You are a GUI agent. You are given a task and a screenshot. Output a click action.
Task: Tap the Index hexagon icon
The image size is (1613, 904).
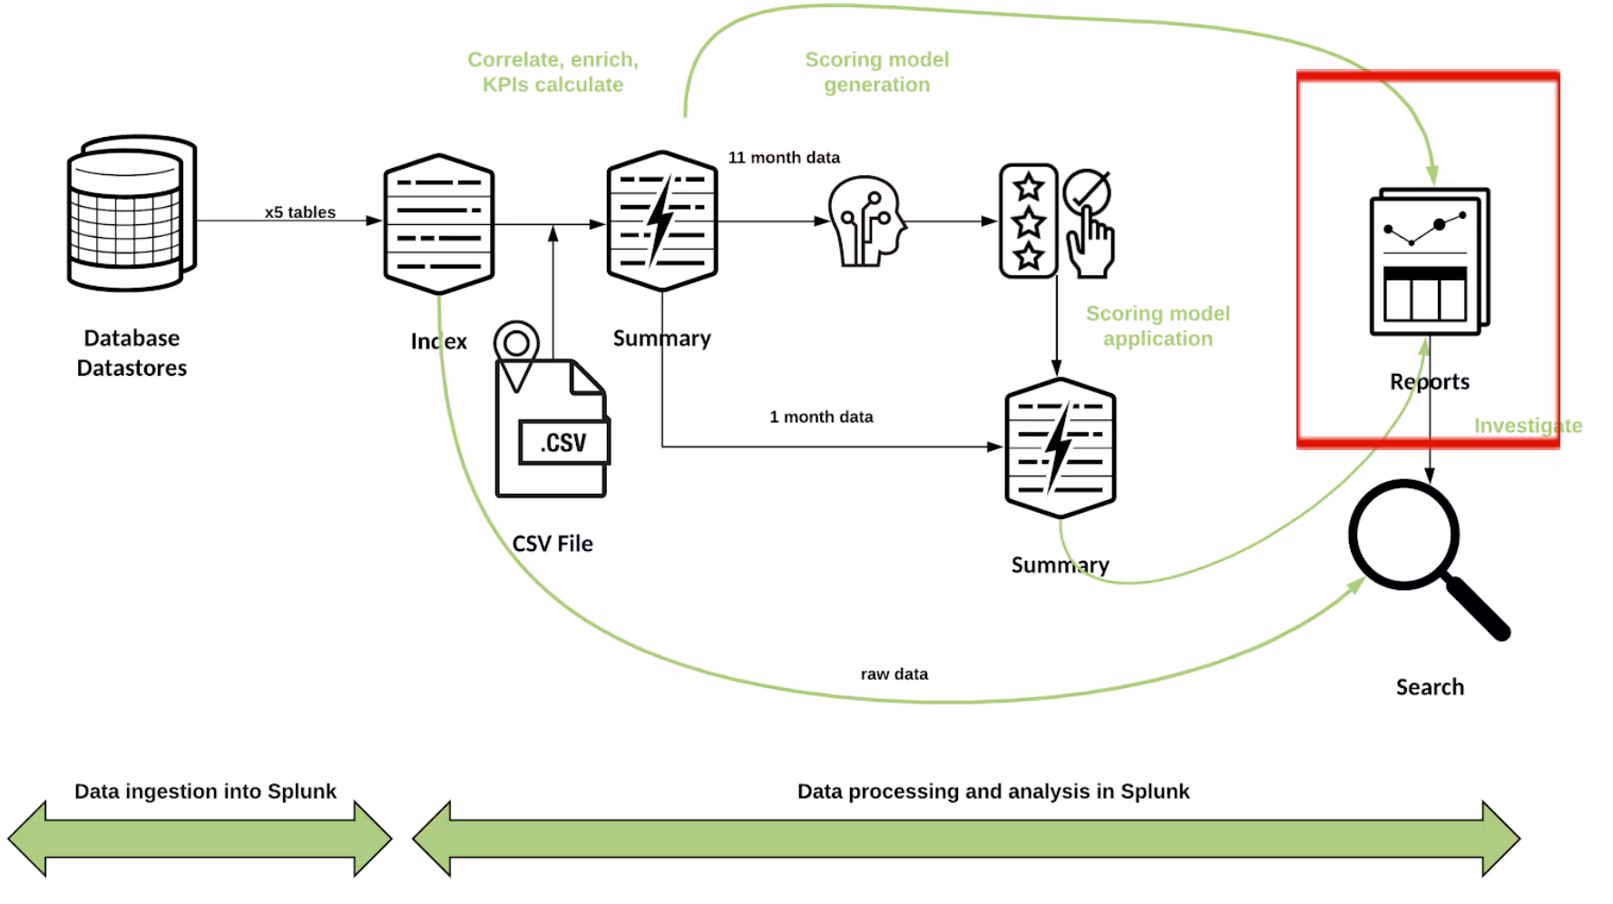pyautogui.click(x=439, y=223)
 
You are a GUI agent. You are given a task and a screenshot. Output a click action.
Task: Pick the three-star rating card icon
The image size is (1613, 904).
pyautogui.click(x=1029, y=221)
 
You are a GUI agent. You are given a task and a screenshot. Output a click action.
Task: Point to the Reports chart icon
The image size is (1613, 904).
pyautogui.click(x=1430, y=261)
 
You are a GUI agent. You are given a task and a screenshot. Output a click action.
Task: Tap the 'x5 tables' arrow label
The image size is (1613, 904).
pyautogui.click(x=300, y=212)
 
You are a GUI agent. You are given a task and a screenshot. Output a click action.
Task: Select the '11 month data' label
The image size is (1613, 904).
pyautogui.click(x=784, y=158)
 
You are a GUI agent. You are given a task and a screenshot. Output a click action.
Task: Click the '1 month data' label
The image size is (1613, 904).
pyautogui.click(x=821, y=418)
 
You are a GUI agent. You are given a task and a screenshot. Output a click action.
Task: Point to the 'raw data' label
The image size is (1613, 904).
pyautogui.click(x=894, y=674)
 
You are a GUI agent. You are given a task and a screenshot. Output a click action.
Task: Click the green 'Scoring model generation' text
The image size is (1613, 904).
pyautogui.click(x=876, y=72)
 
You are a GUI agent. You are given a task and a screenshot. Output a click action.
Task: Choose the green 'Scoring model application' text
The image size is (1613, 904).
pyautogui.click(x=1158, y=326)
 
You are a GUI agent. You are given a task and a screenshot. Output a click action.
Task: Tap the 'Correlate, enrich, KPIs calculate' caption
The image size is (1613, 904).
pyautogui.click(x=552, y=72)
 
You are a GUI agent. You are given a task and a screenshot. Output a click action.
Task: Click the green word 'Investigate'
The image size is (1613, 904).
pyautogui.click(x=1528, y=426)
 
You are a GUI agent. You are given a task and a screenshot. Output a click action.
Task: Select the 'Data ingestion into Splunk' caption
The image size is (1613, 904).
pyautogui.click(x=205, y=791)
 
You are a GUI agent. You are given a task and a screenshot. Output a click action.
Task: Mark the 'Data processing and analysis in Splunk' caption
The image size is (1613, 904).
pyautogui.click(x=993, y=791)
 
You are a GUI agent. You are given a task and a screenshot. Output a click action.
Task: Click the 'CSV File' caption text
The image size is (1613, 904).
pyautogui.click(x=552, y=544)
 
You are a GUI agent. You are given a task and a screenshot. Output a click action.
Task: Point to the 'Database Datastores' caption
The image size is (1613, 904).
pyautogui.click(x=132, y=353)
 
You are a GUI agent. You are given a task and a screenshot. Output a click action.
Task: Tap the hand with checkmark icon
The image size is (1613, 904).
pyautogui.click(x=1088, y=223)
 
